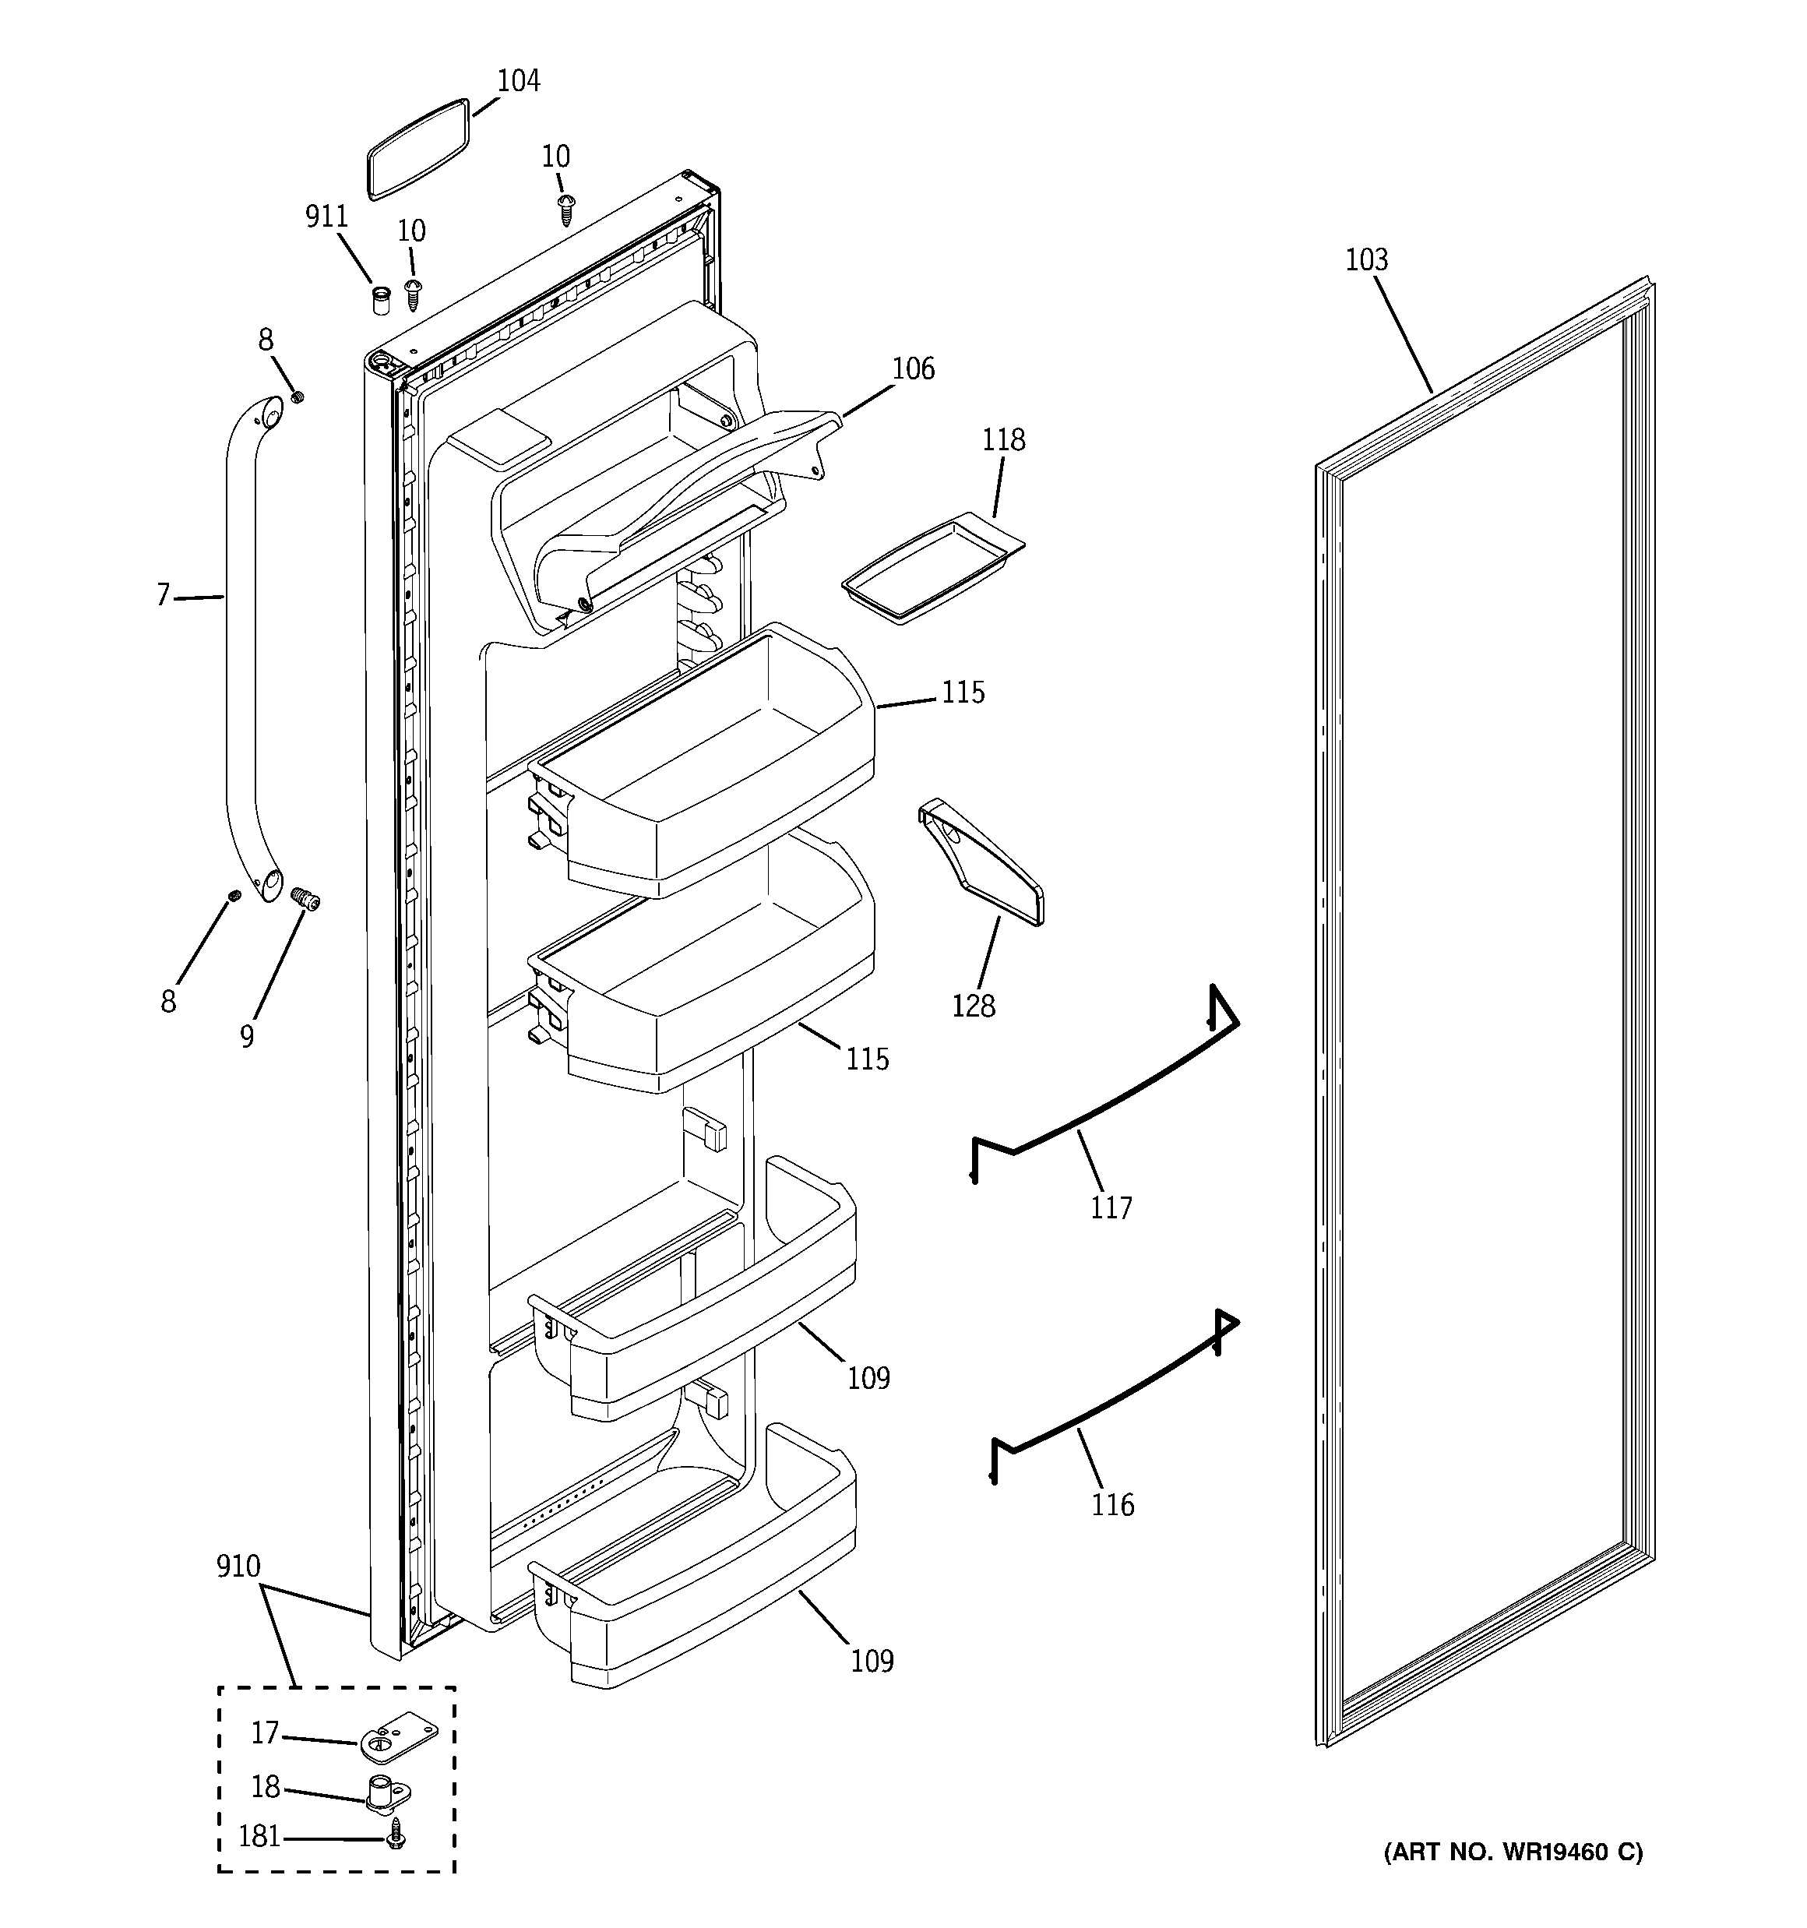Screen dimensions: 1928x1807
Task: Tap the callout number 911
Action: tap(327, 217)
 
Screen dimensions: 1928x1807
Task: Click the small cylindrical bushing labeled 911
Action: tap(381, 300)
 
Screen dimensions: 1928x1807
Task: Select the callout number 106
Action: tap(913, 368)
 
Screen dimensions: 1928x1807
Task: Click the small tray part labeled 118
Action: tap(933, 569)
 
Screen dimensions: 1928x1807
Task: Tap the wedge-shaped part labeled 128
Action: tap(981, 862)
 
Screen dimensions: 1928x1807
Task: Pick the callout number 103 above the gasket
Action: tap(1365, 260)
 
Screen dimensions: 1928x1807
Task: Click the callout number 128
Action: tap(973, 1006)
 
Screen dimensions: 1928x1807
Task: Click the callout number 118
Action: tap(1003, 440)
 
